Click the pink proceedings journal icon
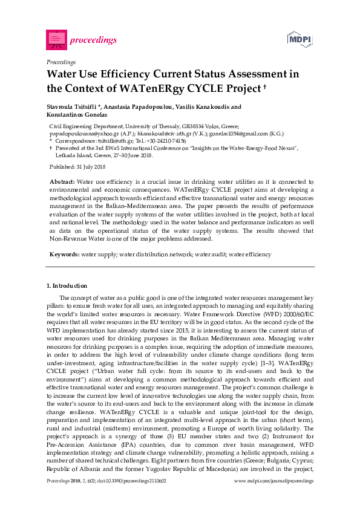pyautogui.click(x=56, y=40)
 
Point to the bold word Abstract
pyautogui.click(x=61, y=181)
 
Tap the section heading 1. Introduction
pyautogui.click(x=67, y=285)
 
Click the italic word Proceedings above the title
pyautogui.click(x=61, y=62)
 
